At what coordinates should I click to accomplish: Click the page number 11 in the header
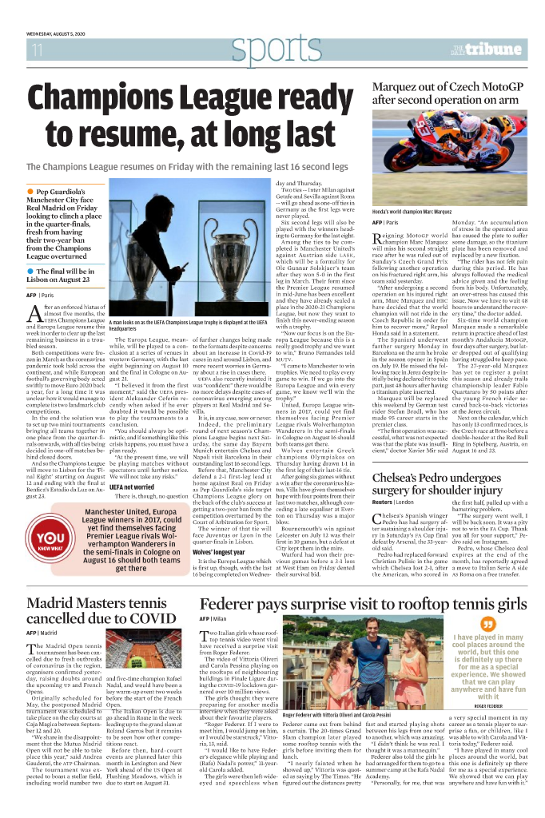pos(36,50)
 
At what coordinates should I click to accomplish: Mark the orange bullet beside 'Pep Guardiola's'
pos(30,192)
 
